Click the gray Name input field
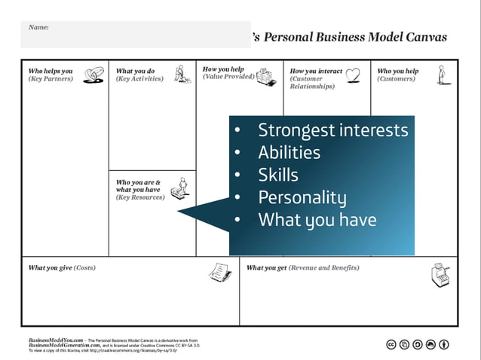pos(136,35)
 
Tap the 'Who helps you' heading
pos(51,71)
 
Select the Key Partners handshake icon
pos(94,74)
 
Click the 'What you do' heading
pos(135,71)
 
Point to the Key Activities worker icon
pos(182,74)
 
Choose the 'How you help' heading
pos(223,69)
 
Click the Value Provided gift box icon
pos(264,75)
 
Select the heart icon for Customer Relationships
pos(353,74)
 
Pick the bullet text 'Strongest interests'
pos(332,130)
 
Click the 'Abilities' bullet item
pos(289,153)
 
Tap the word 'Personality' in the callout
pos(302,198)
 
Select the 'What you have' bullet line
pos(317,221)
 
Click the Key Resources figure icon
pos(179,189)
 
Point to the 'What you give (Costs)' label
pos(62,267)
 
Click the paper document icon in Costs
pos(219,271)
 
